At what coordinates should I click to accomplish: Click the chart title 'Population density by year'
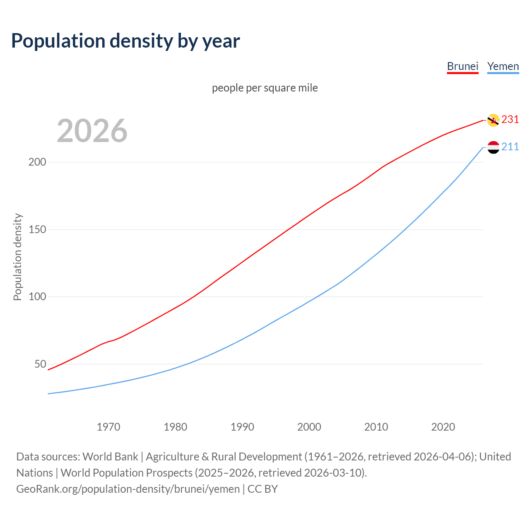tap(125, 41)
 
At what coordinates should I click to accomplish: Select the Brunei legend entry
tap(463, 66)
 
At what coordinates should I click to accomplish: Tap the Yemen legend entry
tap(503, 66)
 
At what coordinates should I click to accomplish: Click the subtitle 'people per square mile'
tap(265, 88)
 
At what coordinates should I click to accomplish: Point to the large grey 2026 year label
tap(92, 131)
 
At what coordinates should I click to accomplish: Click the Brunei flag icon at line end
tap(493, 120)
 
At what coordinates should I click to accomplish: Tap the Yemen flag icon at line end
tap(493, 147)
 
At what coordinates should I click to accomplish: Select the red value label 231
tap(510, 119)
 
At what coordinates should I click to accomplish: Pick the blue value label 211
tap(510, 147)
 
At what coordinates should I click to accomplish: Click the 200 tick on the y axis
tap(37, 162)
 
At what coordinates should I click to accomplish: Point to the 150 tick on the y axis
tap(37, 229)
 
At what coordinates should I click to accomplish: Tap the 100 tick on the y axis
tap(37, 297)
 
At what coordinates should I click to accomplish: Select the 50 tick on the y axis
tap(40, 364)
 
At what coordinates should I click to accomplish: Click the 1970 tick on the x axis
tap(108, 426)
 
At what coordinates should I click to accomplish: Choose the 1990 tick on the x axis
tap(242, 426)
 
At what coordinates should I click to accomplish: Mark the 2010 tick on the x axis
tap(376, 426)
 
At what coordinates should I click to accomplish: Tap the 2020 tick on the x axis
tap(443, 426)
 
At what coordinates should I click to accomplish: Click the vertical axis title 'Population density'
tap(17, 257)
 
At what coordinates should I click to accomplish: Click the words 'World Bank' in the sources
tap(110, 456)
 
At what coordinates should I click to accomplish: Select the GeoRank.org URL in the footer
tap(128, 489)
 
